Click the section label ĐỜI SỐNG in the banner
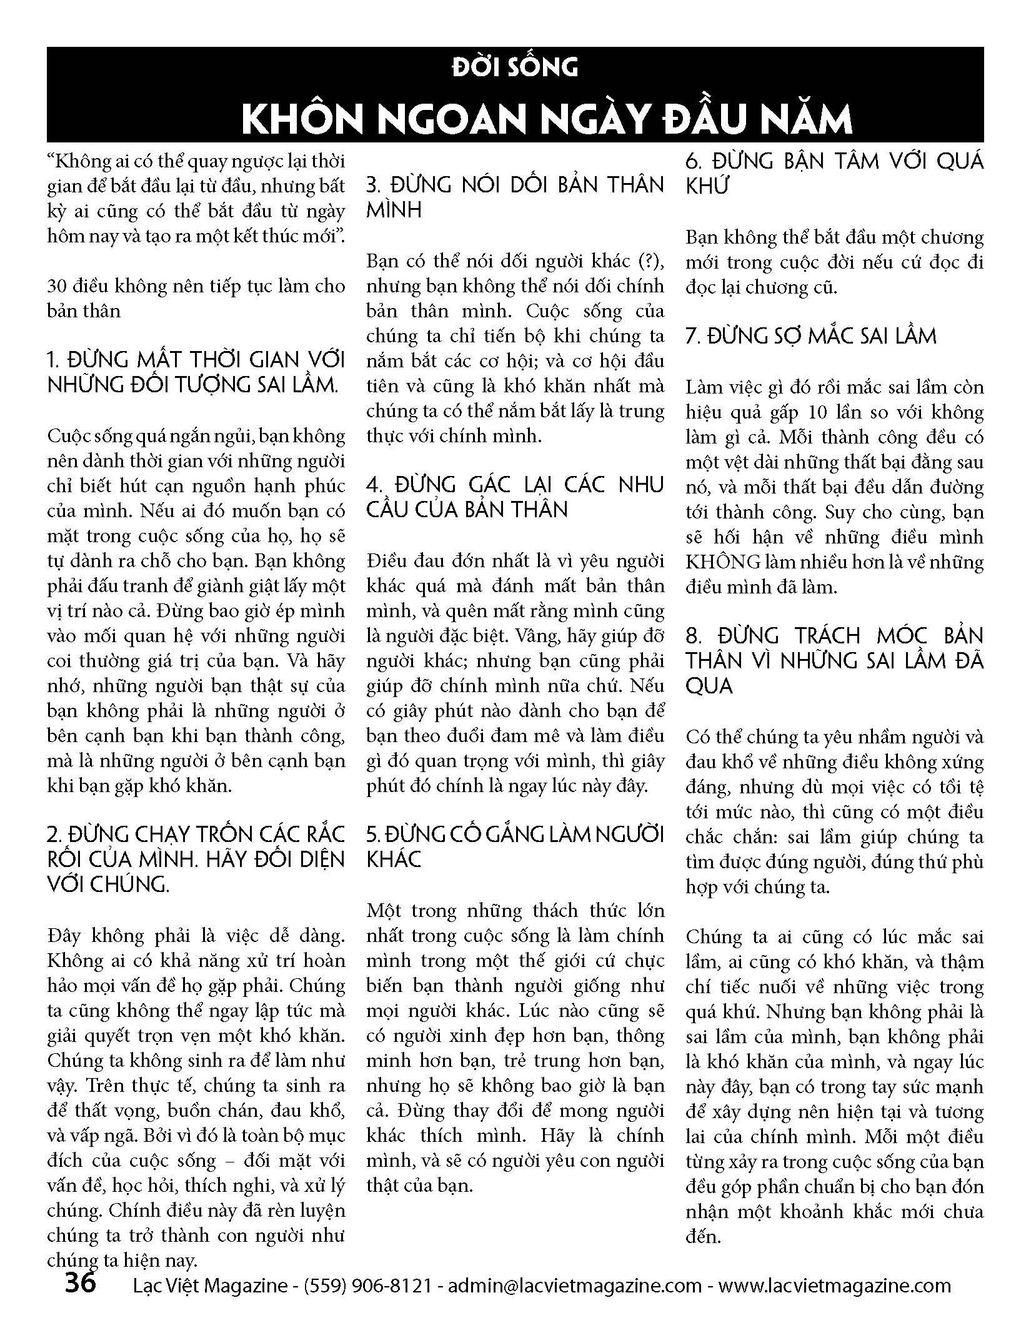pos(515,67)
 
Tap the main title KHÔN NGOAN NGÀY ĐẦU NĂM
pos(546,119)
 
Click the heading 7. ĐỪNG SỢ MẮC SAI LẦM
pos(811,336)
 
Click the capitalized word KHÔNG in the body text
pos(724,562)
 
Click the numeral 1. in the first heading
pos(53,360)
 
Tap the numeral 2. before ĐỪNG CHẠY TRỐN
pos(54,835)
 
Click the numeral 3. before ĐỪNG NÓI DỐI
pos(374,186)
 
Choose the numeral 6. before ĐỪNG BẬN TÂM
pos(694,161)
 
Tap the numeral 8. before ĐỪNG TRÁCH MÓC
pos(694,636)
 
